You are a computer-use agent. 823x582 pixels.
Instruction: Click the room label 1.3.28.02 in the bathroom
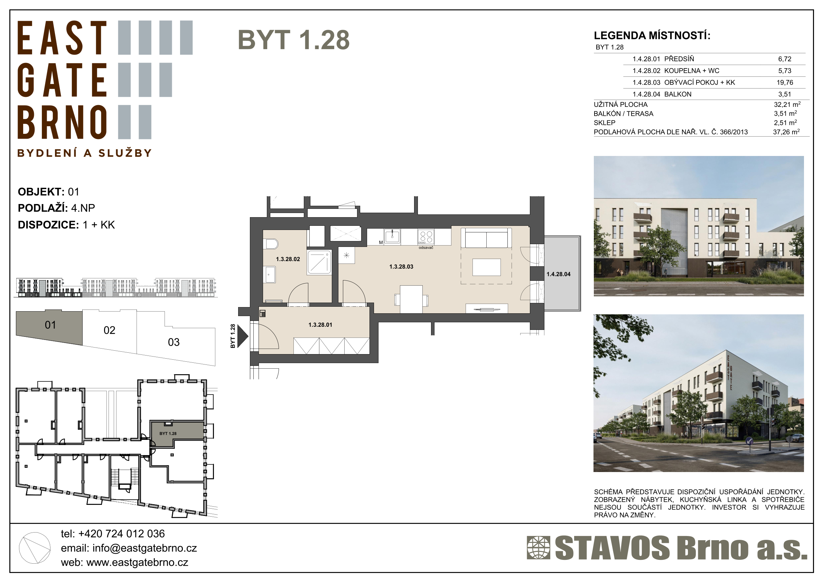point(288,259)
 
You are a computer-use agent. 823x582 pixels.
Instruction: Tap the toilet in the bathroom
point(271,244)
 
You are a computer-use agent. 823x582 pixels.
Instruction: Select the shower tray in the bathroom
point(319,262)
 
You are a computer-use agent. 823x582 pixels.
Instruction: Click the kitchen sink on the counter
point(392,237)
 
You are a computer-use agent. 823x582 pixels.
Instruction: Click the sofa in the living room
point(486,238)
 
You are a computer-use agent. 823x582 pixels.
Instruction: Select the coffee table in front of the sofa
point(486,267)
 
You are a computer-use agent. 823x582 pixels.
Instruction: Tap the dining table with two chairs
point(411,299)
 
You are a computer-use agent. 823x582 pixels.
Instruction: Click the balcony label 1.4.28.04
point(559,274)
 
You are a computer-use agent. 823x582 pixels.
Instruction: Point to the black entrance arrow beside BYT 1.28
point(243,336)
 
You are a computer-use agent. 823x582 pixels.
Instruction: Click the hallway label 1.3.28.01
point(320,325)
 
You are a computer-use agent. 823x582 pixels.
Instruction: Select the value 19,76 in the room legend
point(785,83)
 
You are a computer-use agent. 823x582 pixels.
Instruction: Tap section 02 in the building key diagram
point(109,330)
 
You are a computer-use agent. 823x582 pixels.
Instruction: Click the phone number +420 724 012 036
point(122,534)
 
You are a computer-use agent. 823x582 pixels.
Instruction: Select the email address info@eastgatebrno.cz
point(144,548)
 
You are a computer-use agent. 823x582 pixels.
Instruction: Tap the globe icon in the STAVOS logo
point(539,547)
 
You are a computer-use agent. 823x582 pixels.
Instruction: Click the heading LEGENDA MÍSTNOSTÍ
point(652,36)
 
